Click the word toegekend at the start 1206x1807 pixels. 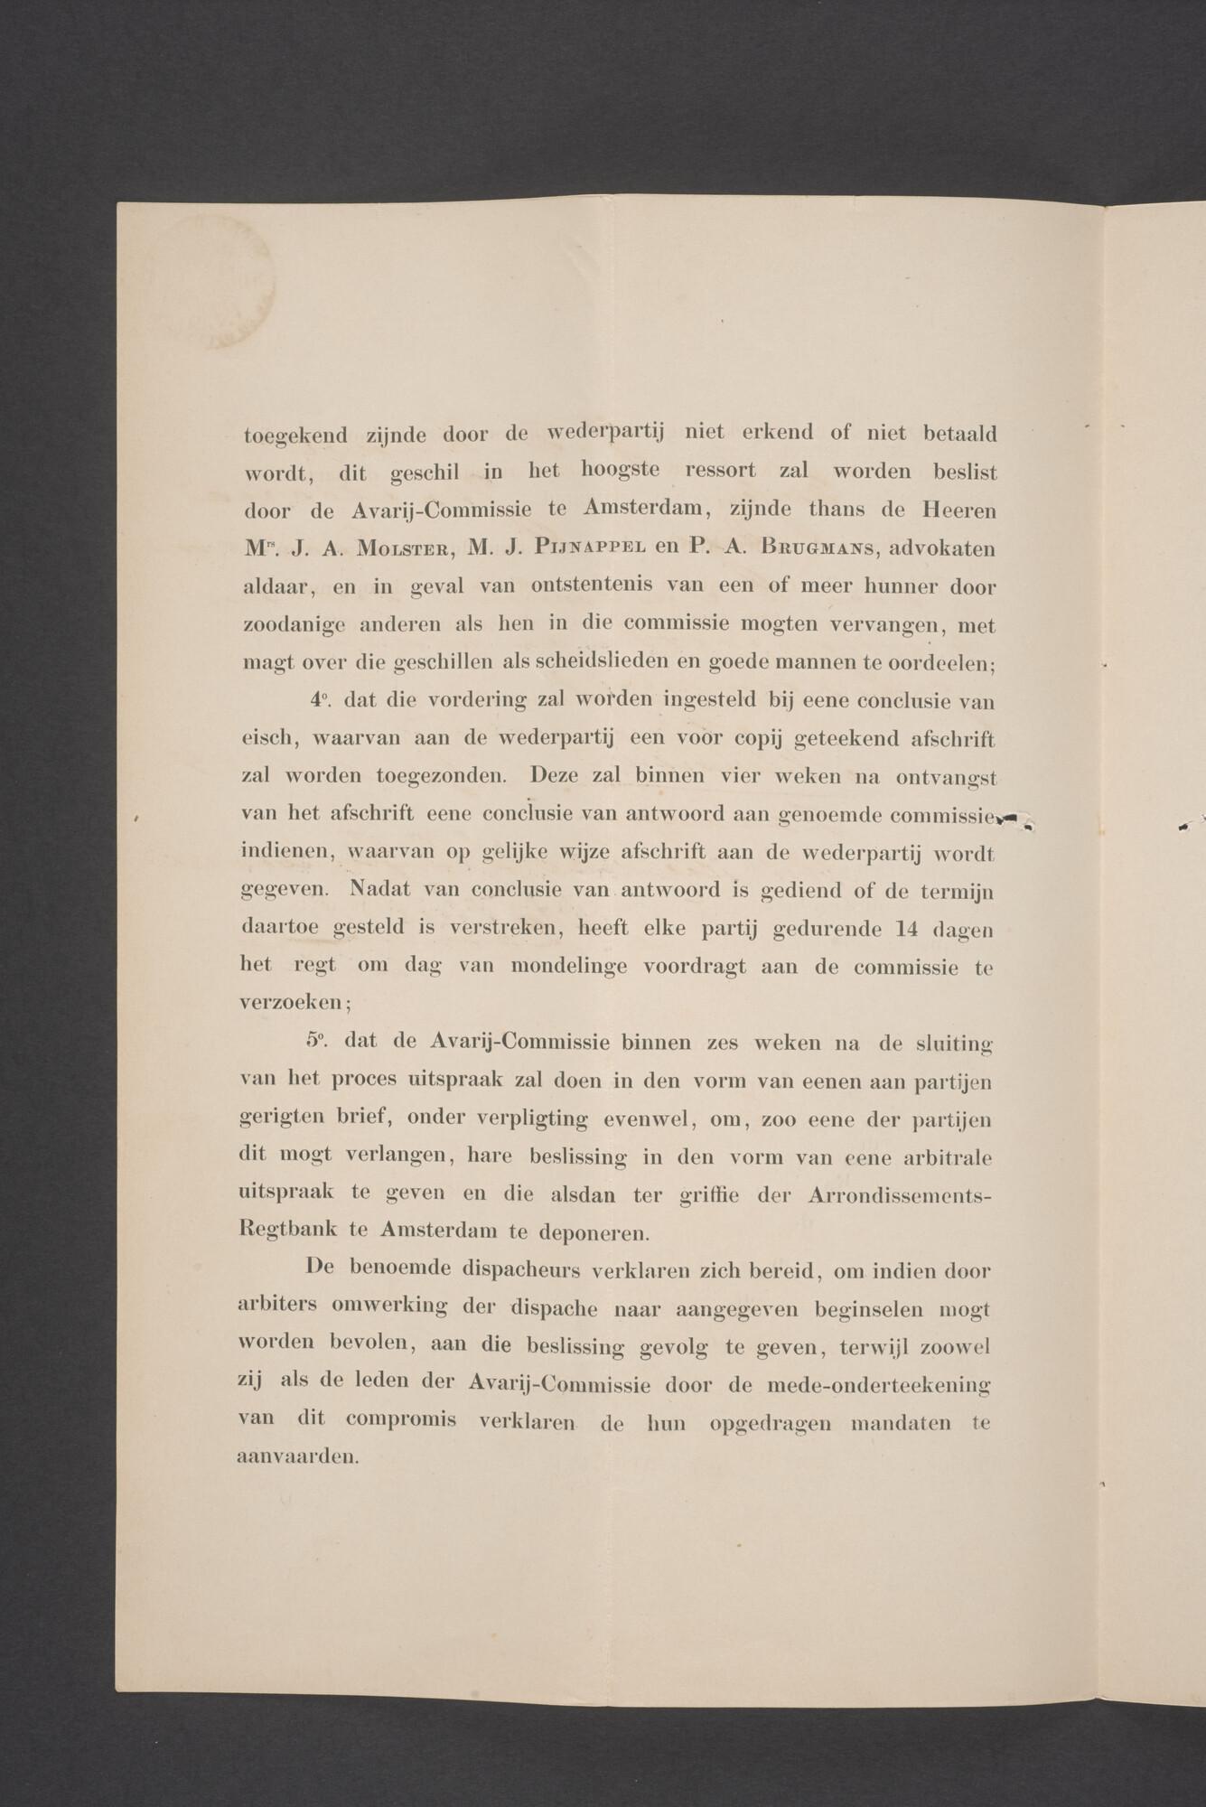click(295, 435)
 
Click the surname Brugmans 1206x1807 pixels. click(818, 548)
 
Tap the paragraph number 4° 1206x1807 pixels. click(319, 700)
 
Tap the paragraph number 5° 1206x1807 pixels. click(317, 1042)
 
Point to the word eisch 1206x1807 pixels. click(268, 738)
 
